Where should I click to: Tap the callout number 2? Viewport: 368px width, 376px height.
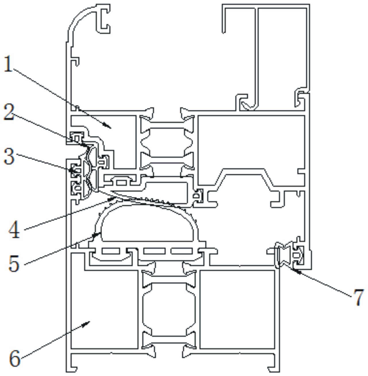[9, 113]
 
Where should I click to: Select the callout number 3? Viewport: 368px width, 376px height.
[9, 157]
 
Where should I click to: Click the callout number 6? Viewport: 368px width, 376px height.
[15, 358]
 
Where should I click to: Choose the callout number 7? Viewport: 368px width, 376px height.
[359, 297]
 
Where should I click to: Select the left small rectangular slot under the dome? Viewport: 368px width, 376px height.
[111, 251]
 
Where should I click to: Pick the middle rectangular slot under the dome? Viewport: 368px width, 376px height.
[154, 251]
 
